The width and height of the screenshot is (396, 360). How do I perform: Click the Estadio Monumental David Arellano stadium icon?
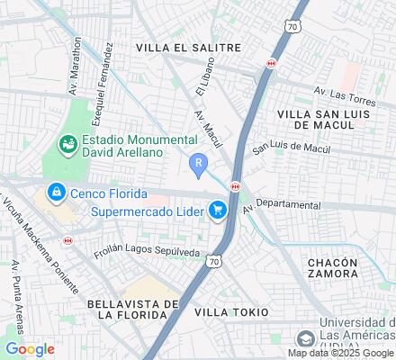pos(67,143)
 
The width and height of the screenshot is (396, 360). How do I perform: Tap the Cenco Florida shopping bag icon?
pos(56,192)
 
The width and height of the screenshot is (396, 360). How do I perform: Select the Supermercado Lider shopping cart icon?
pos(217,211)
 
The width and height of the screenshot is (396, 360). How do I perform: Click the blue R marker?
pos(199,163)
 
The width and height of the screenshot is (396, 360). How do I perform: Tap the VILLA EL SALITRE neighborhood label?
pos(187,46)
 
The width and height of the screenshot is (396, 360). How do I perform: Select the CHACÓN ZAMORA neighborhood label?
pos(332,268)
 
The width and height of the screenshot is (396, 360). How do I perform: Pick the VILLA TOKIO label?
pos(231,311)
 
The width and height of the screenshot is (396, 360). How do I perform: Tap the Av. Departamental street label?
pos(281,205)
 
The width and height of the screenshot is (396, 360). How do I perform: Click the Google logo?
pos(30,349)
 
